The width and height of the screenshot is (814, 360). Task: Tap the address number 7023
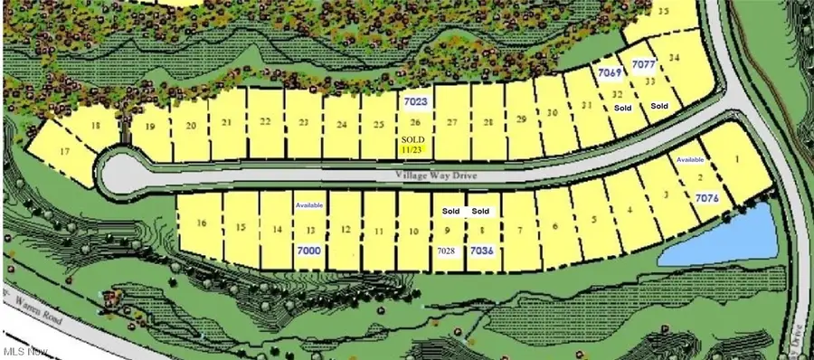tap(416, 102)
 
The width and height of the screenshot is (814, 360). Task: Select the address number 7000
tap(308, 249)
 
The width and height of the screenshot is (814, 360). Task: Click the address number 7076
tap(708, 197)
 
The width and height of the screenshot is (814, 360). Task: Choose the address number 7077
tap(644, 64)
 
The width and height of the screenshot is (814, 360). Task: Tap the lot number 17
tap(63, 151)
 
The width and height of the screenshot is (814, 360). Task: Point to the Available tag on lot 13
tap(308, 205)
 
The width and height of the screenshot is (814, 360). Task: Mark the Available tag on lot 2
tap(690, 159)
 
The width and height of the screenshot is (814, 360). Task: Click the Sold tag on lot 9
tap(450, 212)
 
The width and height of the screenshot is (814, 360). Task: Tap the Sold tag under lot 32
tap(622, 108)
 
